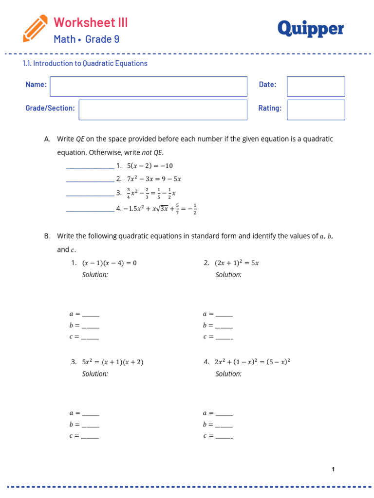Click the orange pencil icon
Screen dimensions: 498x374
pyautogui.click(x=35, y=28)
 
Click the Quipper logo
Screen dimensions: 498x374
pyautogui.click(x=310, y=29)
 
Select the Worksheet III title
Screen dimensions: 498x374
pyautogui.click(x=91, y=22)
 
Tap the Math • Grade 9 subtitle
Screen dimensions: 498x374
pyautogui.click(x=86, y=39)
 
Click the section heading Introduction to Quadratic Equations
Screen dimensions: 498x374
pyautogui.click(x=85, y=63)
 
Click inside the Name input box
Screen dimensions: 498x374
pyautogui.click(x=149, y=86)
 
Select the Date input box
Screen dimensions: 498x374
pyautogui.click(x=316, y=86)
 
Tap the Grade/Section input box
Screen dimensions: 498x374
pyautogui.click(x=163, y=109)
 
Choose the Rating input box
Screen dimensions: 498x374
pyautogui.click(x=316, y=109)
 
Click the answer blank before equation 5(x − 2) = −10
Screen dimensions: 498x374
pyautogui.click(x=90, y=167)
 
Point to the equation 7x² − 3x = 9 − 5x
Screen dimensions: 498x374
pyautogui.click(x=154, y=179)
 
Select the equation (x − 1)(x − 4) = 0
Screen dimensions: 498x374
pyautogui.click(x=110, y=263)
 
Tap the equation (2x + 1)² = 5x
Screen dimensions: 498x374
pyautogui.click(x=237, y=263)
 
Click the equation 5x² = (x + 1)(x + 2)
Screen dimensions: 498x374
pyautogui.click(x=113, y=362)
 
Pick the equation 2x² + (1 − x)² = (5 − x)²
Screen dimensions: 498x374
pyautogui.click(x=249, y=362)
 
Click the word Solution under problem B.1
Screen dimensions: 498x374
pyautogui.click(x=95, y=275)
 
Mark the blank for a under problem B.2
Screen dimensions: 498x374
pyautogui.click(x=224, y=315)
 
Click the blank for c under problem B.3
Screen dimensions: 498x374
pyautogui.click(x=90, y=437)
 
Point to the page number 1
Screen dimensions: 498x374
pyautogui.click(x=333, y=469)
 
